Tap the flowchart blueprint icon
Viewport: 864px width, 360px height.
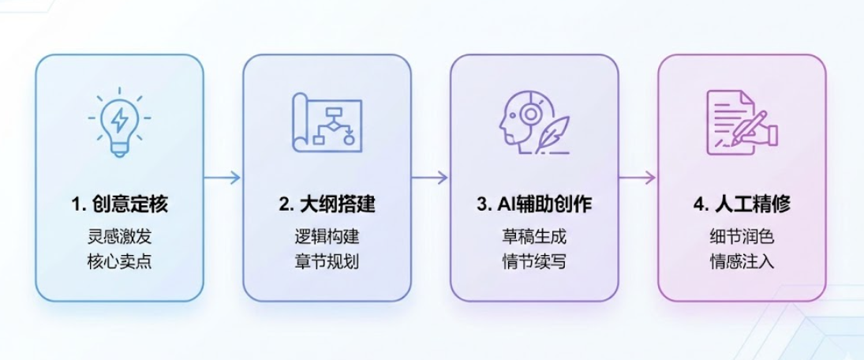tap(327, 124)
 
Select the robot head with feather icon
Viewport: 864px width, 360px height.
tap(534, 124)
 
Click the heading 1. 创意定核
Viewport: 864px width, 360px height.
tap(119, 204)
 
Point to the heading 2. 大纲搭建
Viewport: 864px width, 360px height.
tap(327, 204)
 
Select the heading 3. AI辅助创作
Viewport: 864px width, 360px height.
tap(534, 204)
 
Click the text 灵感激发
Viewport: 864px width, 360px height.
tap(119, 236)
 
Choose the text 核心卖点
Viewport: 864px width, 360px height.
tap(119, 261)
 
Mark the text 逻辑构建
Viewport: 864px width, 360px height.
tap(327, 236)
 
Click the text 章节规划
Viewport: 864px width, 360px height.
tap(327, 261)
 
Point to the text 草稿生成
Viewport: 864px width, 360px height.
tap(534, 236)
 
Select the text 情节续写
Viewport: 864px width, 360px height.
tap(534, 261)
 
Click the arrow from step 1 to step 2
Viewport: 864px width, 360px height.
tap(223, 178)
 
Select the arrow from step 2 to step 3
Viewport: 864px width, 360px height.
tap(430, 178)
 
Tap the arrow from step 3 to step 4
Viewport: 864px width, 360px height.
tap(638, 178)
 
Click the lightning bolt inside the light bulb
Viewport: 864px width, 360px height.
tap(120, 120)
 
